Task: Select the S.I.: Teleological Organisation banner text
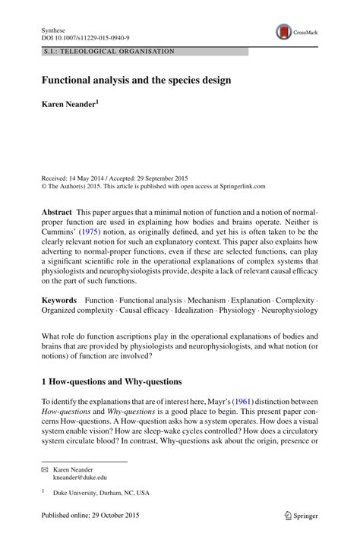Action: coord(108,52)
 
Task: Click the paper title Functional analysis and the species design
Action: coord(136,79)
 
